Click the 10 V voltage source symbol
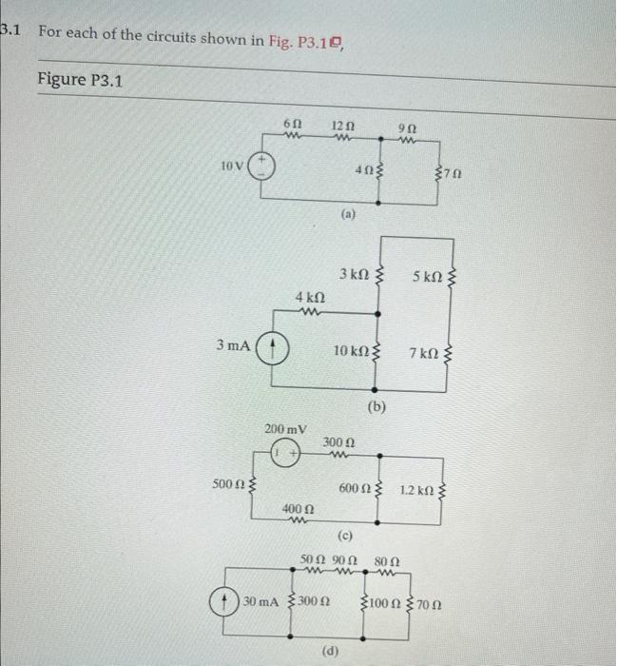coord(263,167)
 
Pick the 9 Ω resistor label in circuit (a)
coord(407,127)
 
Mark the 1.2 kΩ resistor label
coord(415,491)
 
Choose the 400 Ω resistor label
coord(297,511)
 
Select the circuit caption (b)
coord(376,407)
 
